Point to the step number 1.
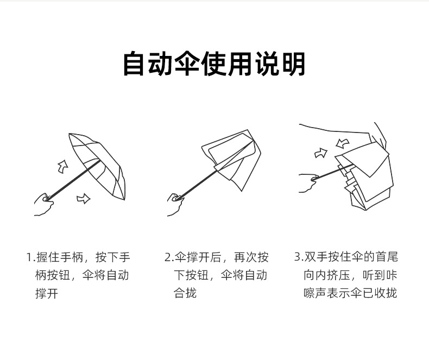point(29,257)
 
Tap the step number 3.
point(298,257)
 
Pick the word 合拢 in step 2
point(185,293)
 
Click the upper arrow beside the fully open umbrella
point(63,166)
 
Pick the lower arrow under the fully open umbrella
point(83,198)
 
